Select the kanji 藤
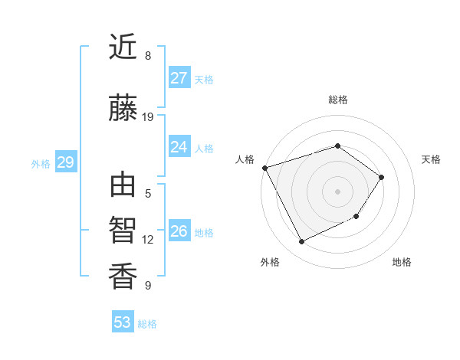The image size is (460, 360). (123, 109)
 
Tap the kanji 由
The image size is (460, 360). (123, 186)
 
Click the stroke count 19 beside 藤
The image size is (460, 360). (148, 117)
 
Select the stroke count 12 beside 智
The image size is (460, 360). (148, 240)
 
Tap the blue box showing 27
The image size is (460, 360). (179, 78)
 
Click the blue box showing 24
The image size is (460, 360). (179, 147)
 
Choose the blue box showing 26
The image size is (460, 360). (179, 231)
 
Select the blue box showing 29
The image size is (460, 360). (65, 162)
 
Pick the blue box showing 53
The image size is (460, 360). (122, 322)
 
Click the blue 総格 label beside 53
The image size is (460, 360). (147, 324)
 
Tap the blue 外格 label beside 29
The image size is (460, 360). (41, 163)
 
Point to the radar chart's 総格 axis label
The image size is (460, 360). (337, 100)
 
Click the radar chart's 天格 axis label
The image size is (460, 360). (431, 159)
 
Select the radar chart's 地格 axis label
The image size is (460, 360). (402, 262)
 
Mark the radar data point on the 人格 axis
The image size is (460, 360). (264, 168)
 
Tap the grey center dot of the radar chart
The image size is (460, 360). (337, 191)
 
